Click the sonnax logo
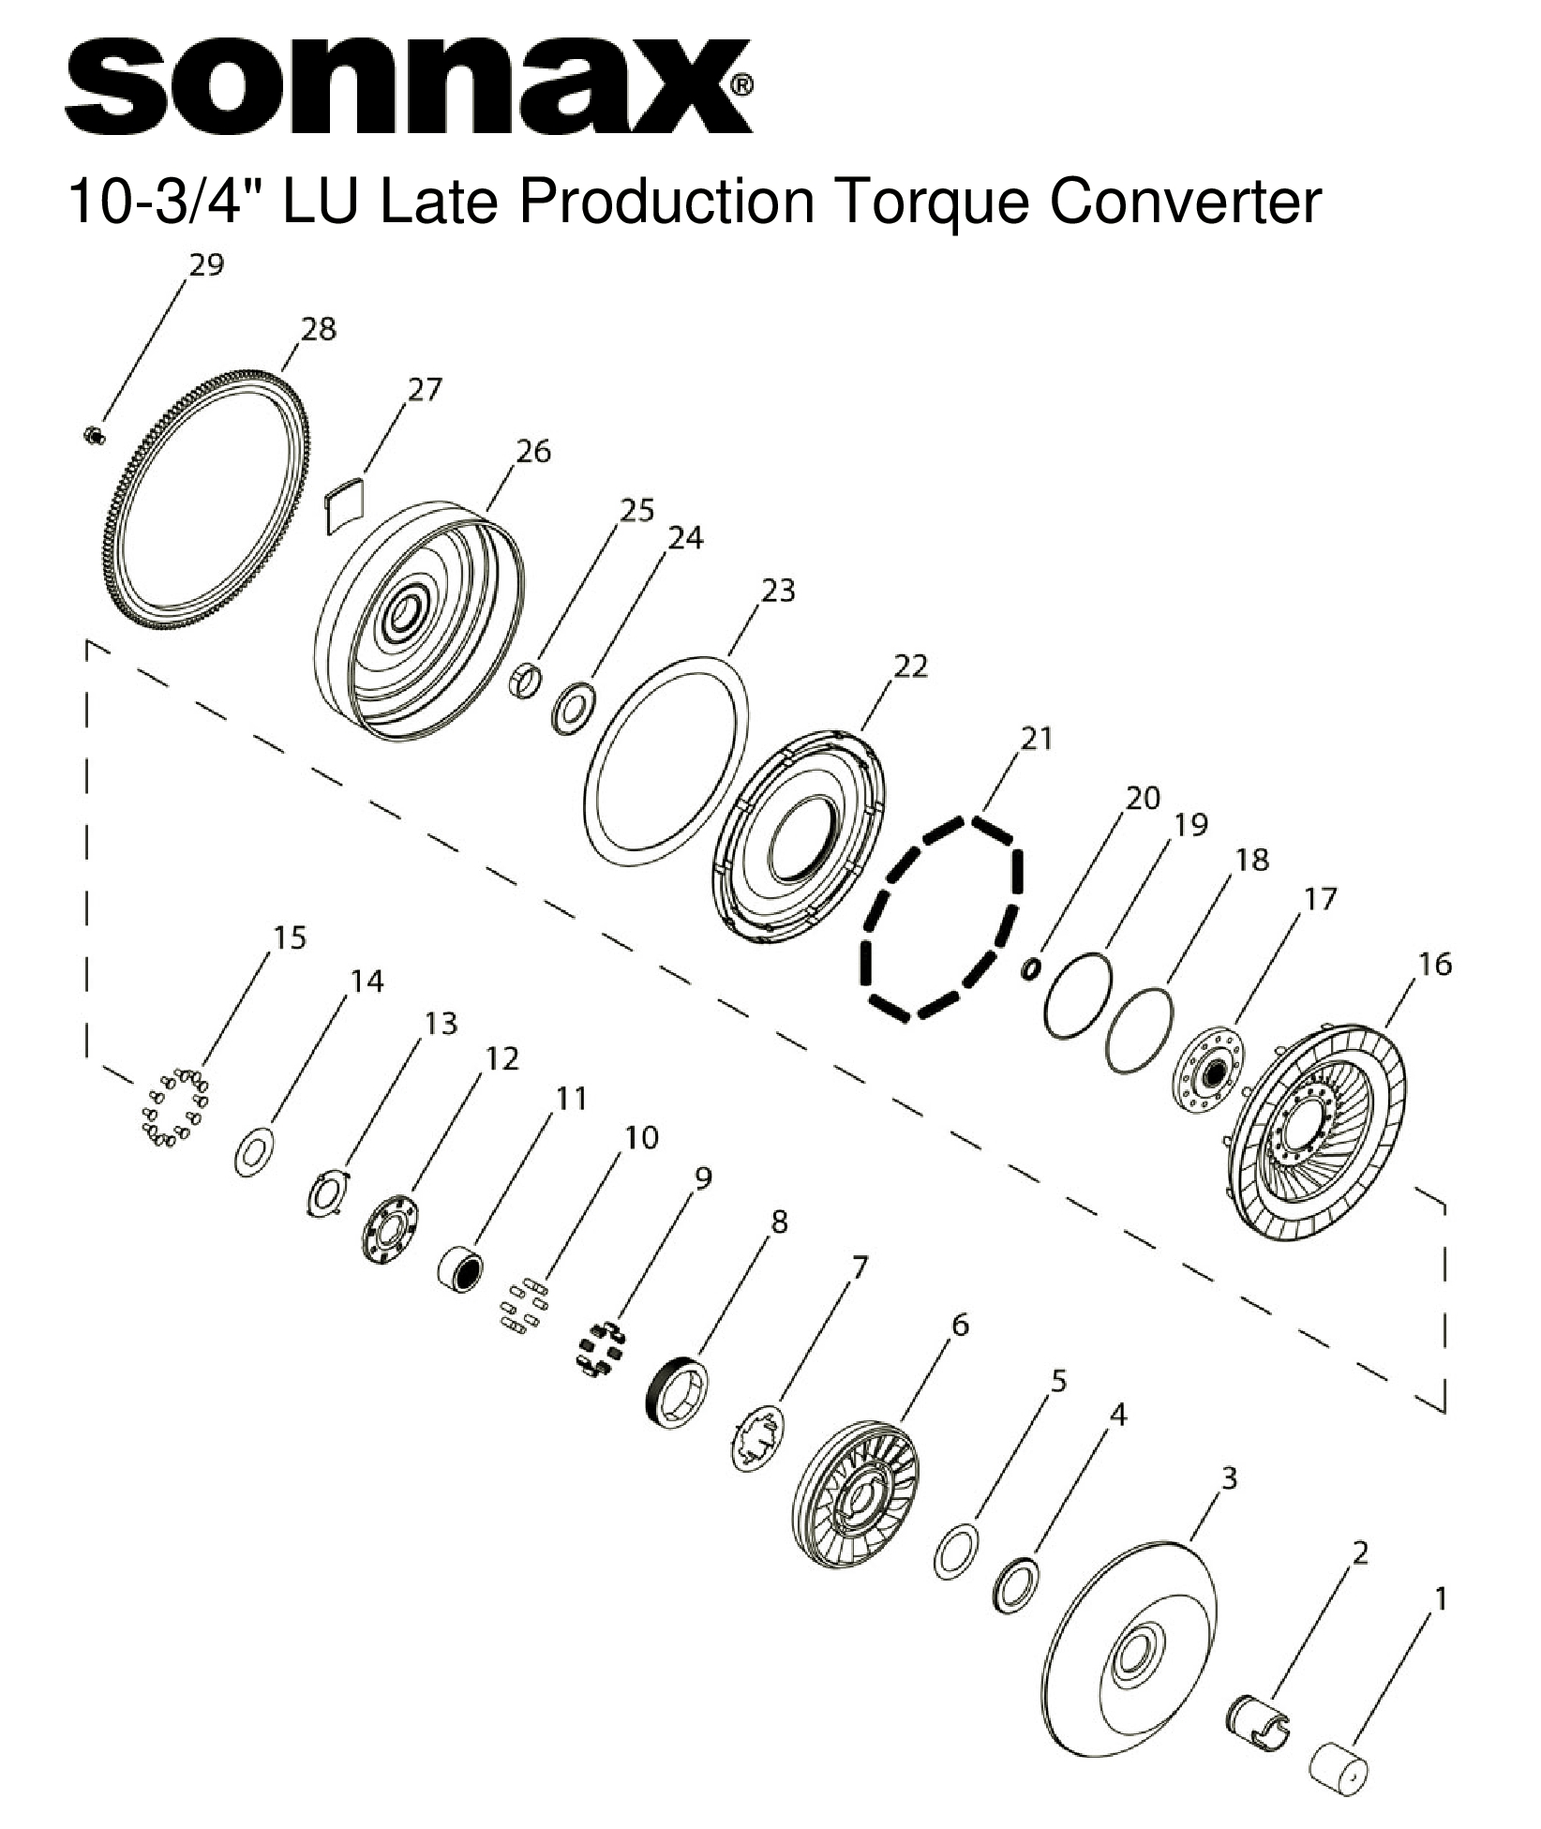click(x=407, y=86)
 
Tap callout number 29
click(x=206, y=265)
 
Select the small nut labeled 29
click(x=93, y=434)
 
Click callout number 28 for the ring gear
click(x=319, y=329)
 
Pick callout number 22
click(x=910, y=666)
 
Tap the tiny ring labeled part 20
click(x=1030, y=968)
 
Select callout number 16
click(x=1435, y=964)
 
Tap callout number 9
click(x=702, y=1178)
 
